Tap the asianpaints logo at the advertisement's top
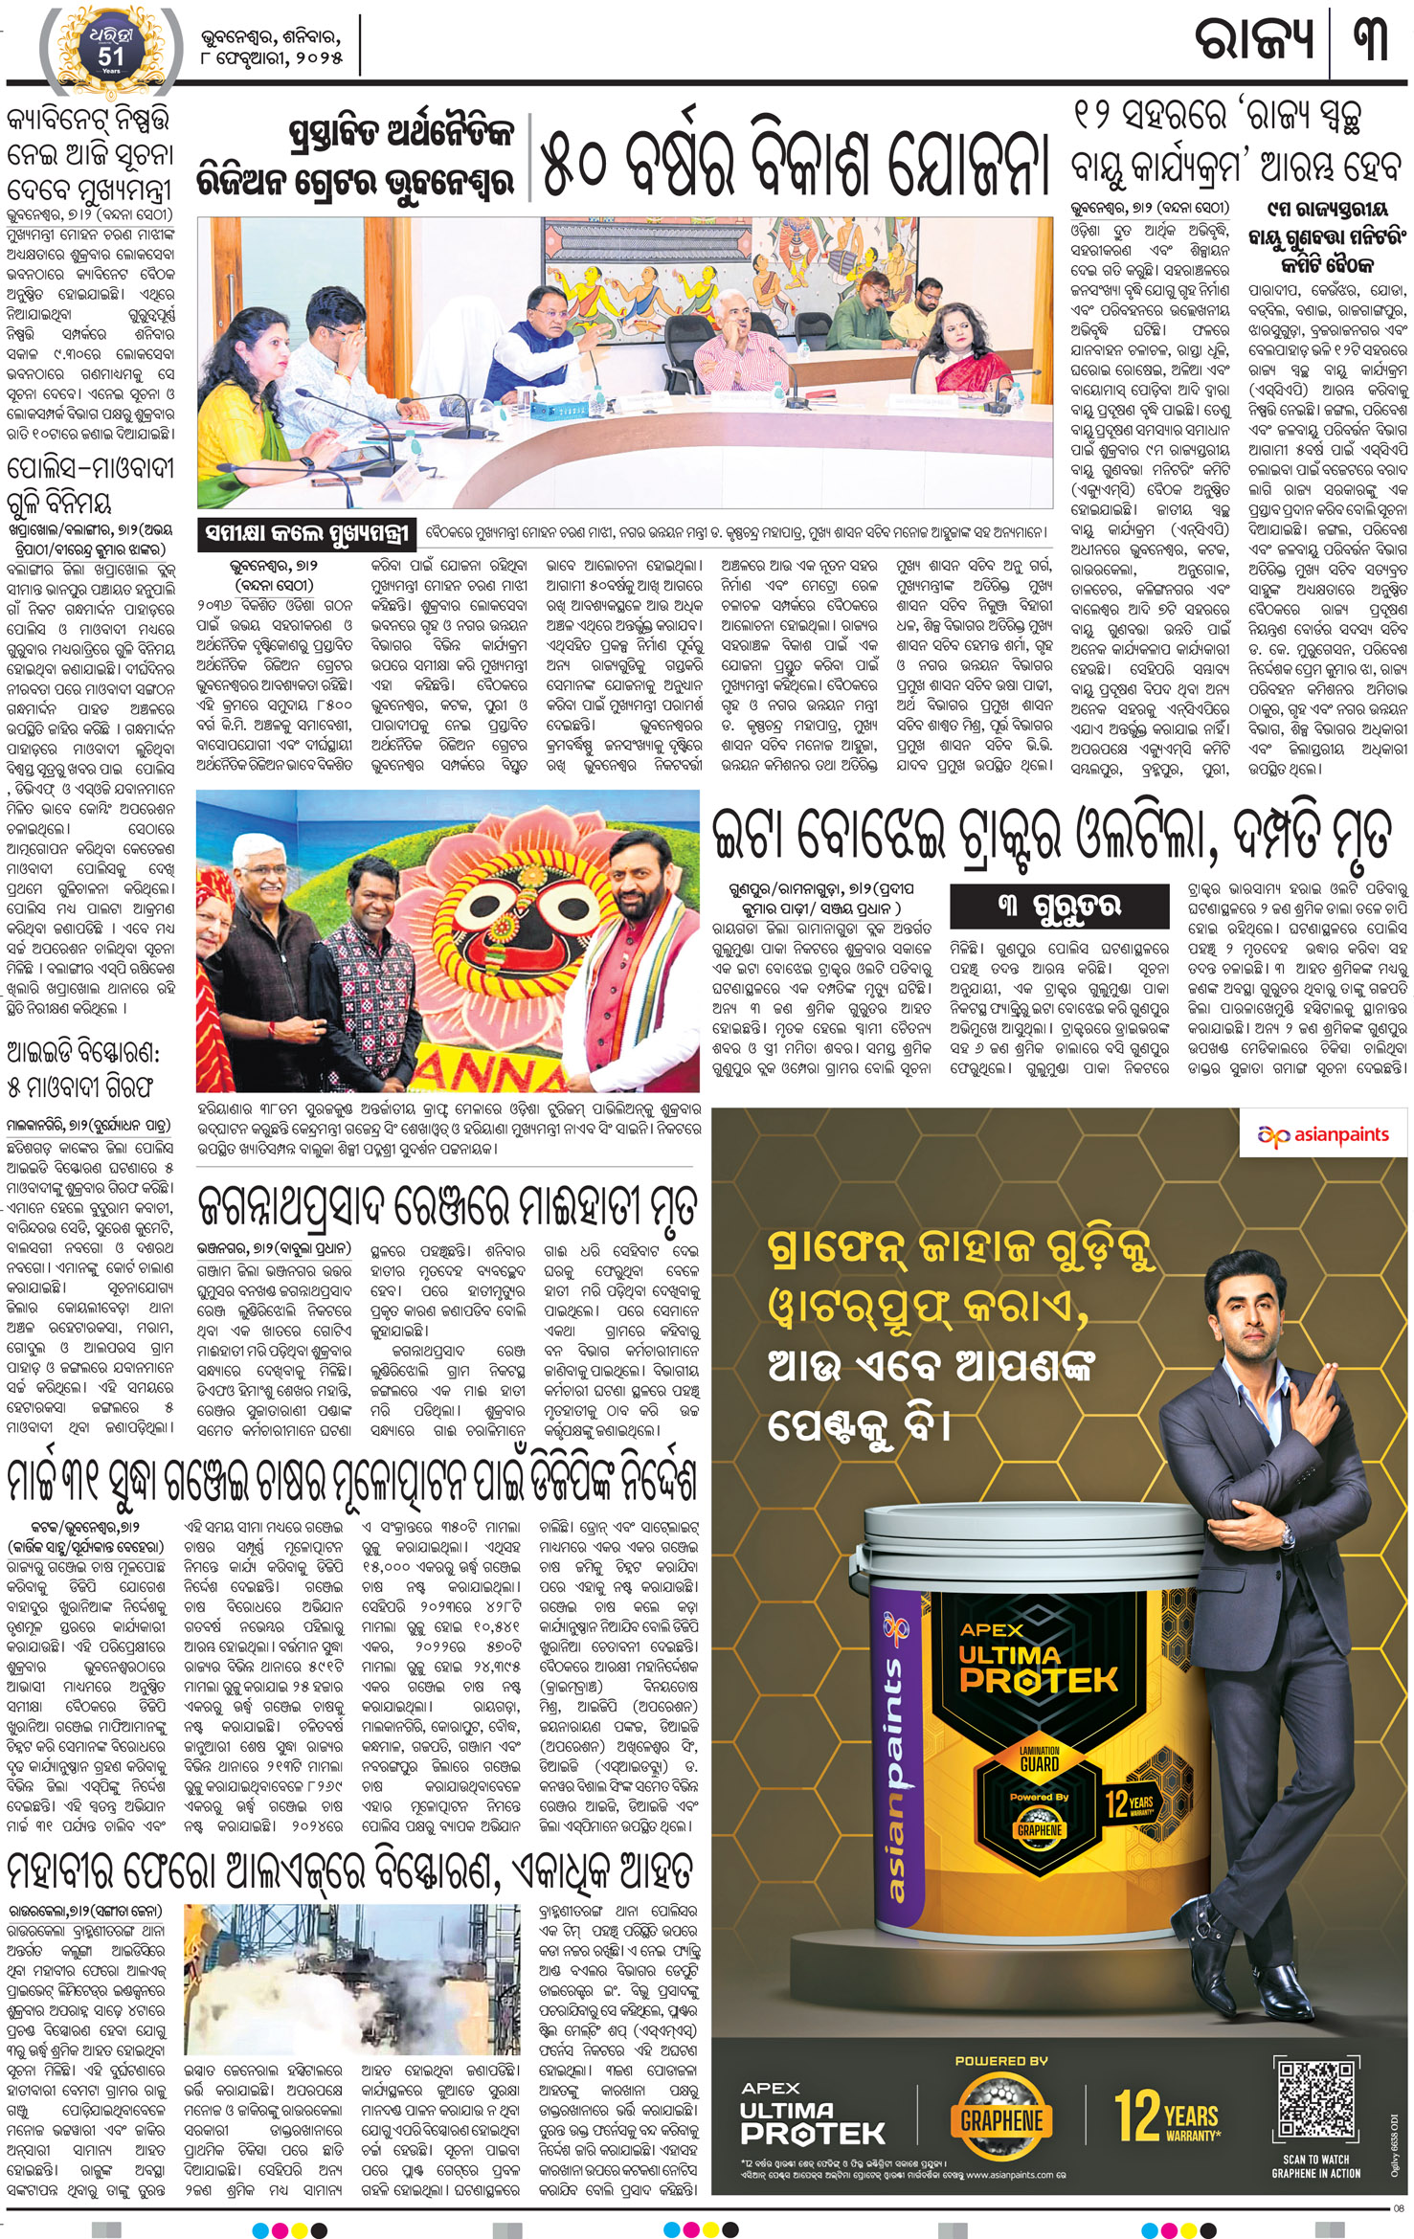point(1323,1135)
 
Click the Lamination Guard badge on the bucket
point(1039,1757)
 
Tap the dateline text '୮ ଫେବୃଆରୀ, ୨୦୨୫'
point(271,59)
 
